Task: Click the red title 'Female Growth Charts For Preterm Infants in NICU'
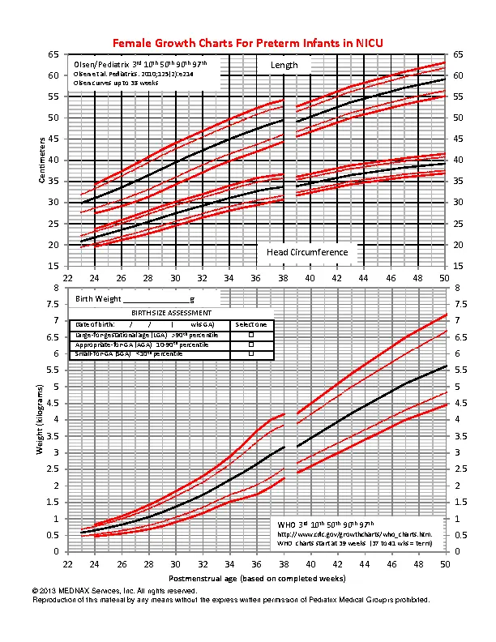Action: (x=247, y=42)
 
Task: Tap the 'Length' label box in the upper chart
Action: (x=283, y=65)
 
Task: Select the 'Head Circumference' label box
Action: (x=307, y=252)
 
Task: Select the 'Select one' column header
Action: (x=250, y=323)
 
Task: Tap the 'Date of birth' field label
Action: (x=93, y=323)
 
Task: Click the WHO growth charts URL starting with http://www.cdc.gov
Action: (x=348, y=534)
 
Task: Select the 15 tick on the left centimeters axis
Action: (x=53, y=266)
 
